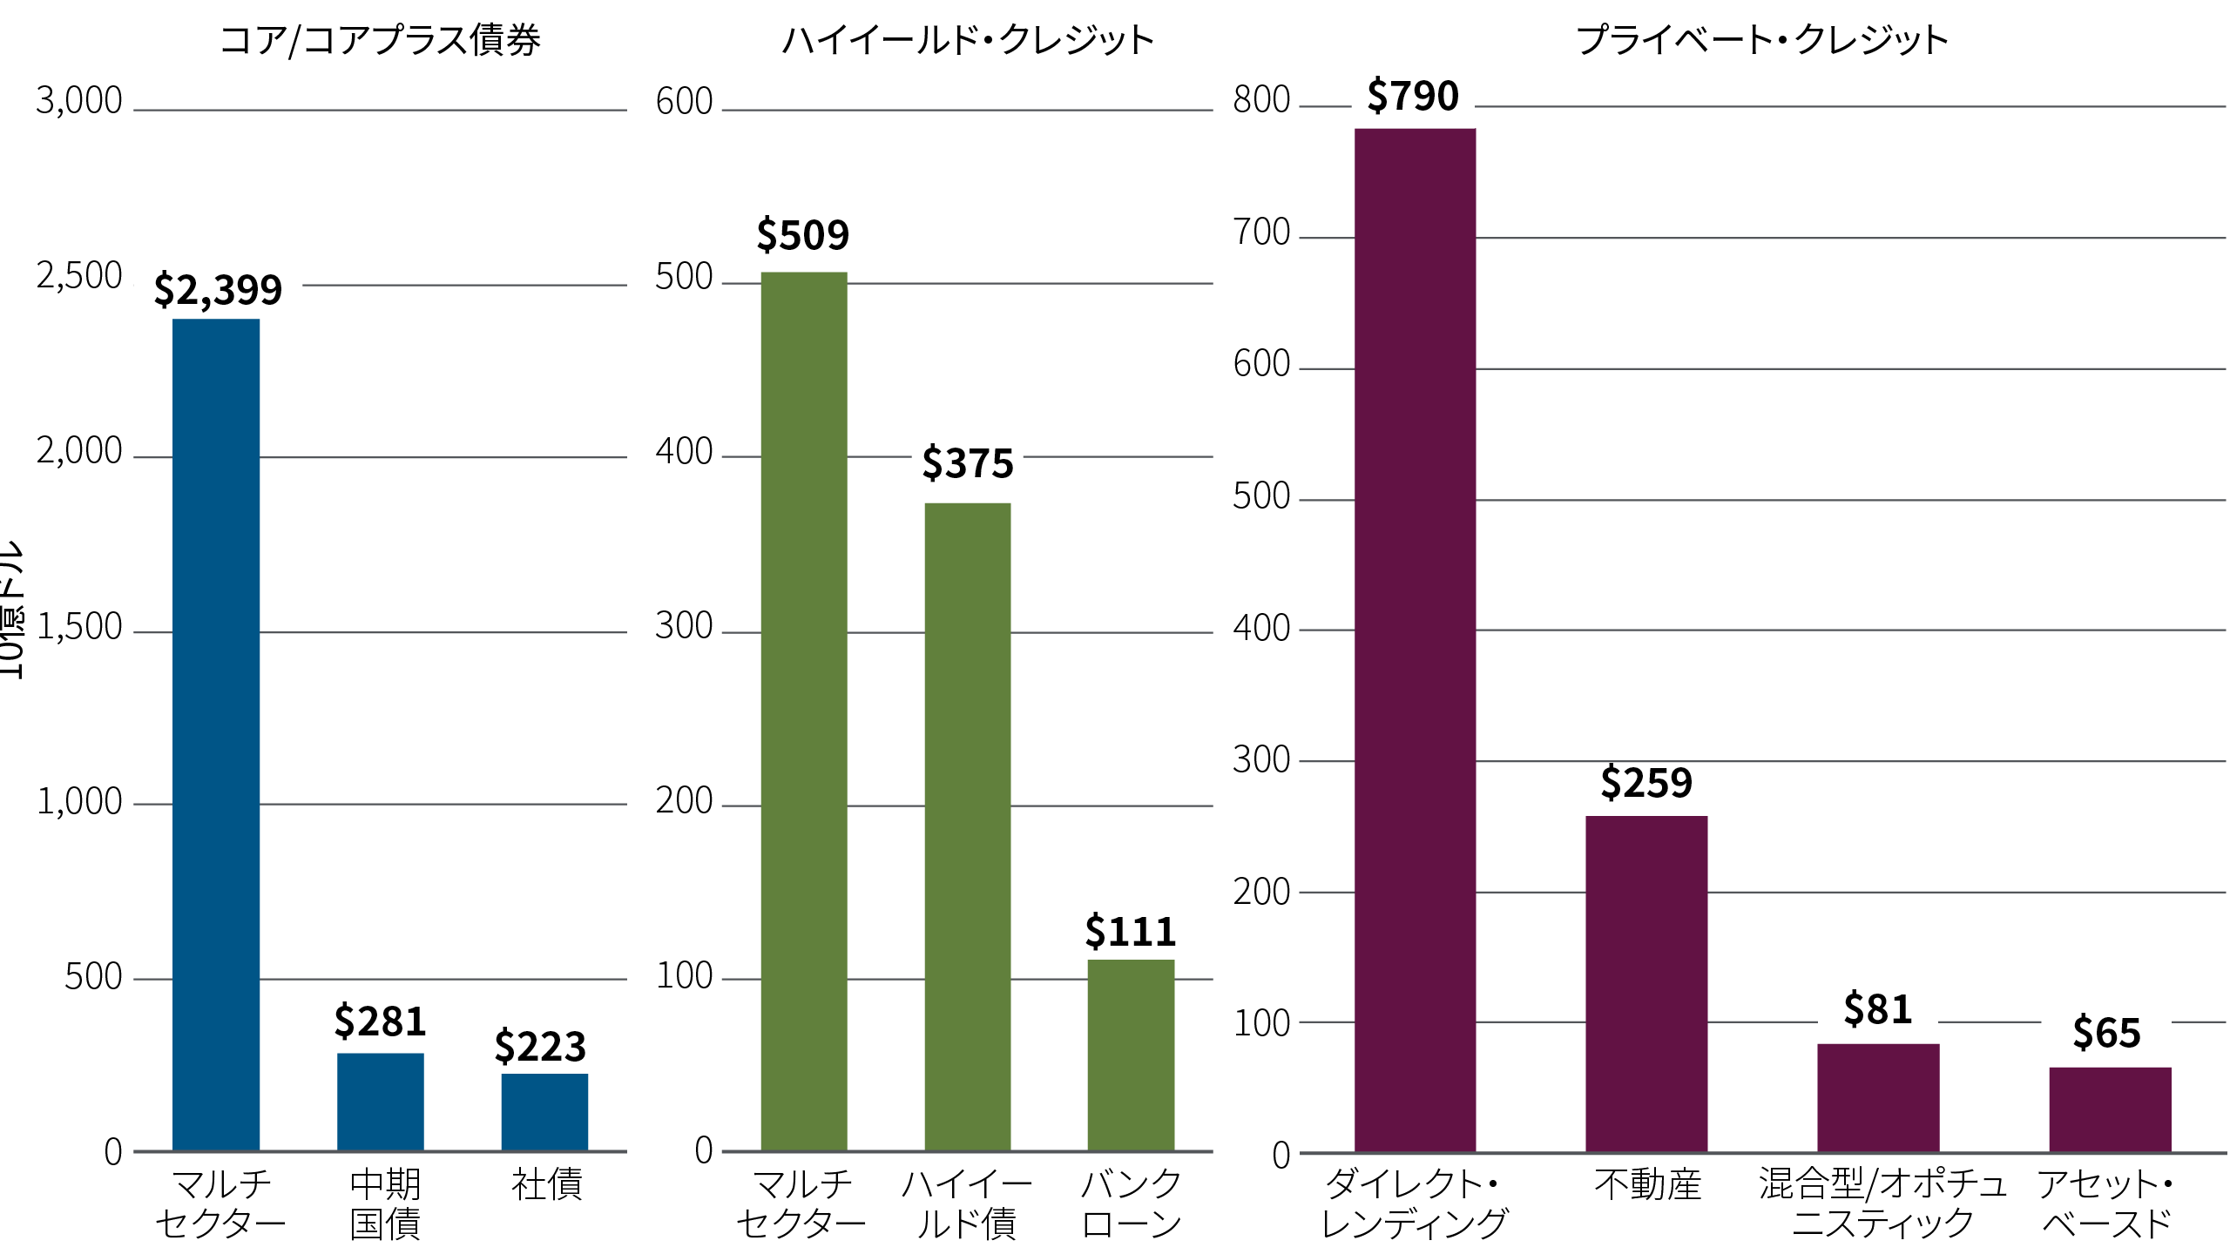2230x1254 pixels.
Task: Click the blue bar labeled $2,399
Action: point(216,734)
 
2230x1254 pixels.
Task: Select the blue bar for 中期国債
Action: point(380,1102)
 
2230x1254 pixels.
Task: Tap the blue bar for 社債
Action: point(544,1112)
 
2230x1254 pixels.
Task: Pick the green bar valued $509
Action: point(803,711)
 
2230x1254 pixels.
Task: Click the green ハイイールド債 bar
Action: point(967,826)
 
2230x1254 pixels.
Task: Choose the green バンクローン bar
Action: point(1131,1055)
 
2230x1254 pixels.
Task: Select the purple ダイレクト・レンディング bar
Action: point(1415,640)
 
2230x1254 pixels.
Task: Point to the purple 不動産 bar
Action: point(1646,984)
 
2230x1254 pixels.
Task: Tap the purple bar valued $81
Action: point(1878,1097)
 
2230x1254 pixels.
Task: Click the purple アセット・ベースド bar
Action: point(2110,1109)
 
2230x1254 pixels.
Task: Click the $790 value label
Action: point(1413,96)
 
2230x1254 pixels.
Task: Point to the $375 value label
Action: point(968,463)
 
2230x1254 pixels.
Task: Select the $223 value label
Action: point(540,1047)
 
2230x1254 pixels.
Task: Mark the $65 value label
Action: point(2106,1034)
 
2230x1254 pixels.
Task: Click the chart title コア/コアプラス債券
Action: point(380,40)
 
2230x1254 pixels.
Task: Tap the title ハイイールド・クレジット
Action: point(968,40)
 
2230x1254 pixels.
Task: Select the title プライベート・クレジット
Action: point(1762,40)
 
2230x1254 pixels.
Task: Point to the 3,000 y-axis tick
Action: point(79,101)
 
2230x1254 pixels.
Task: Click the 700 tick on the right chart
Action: point(1261,233)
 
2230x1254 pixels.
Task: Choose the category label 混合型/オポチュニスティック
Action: point(1882,1203)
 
